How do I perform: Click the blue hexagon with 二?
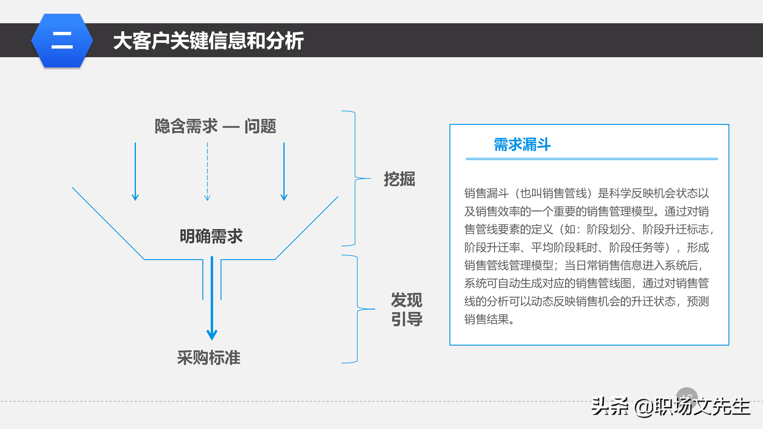(x=62, y=41)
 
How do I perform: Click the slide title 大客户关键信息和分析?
(x=208, y=41)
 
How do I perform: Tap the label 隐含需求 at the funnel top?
(x=186, y=126)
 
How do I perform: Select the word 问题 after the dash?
(x=260, y=126)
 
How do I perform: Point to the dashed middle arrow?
(x=207, y=171)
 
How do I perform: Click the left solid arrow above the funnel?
(x=135, y=171)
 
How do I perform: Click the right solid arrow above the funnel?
(x=284, y=171)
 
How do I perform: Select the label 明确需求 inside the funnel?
(x=211, y=236)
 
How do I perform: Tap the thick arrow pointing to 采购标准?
(x=212, y=298)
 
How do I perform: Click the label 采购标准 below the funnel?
(x=209, y=357)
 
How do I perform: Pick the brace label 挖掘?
(x=399, y=179)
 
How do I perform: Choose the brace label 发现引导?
(x=407, y=309)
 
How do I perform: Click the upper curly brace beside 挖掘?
(x=355, y=178)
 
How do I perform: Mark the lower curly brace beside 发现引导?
(x=357, y=309)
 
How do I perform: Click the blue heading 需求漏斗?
(x=522, y=145)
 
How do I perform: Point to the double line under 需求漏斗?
(x=592, y=159)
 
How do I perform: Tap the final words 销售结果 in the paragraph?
(x=486, y=319)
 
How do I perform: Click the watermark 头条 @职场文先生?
(x=671, y=407)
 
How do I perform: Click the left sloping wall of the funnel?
(x=108, y=223)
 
